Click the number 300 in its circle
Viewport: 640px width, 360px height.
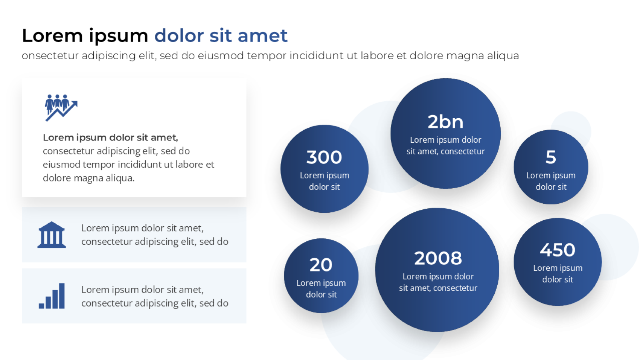click(324, 157)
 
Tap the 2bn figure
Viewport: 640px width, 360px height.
click(445, 122)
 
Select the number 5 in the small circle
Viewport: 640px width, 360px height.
click(551, 157)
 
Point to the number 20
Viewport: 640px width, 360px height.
click(321, 265)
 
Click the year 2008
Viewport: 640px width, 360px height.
click(438, 258)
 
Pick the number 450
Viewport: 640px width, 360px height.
click(558, 250)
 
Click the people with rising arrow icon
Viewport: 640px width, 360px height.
click(61, 108)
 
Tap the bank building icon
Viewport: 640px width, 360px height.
click(52, 235)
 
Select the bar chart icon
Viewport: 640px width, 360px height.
click(52, 296)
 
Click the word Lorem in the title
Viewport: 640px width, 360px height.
click(52, 36)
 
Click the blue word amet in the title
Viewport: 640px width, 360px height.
click(262, 36)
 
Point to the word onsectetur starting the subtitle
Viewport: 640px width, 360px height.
click(50, 56)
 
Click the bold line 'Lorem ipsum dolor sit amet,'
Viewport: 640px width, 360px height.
click(110, 137)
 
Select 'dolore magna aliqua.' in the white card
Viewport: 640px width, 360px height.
click(88, 178)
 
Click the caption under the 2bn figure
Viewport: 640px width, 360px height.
click(445, 145)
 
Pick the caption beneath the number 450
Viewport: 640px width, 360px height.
click(558, 273)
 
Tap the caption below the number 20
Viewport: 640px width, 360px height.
click(321, 288)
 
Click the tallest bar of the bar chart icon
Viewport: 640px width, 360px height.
click(62, 296)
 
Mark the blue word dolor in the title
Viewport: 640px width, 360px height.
click(179, 36)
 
